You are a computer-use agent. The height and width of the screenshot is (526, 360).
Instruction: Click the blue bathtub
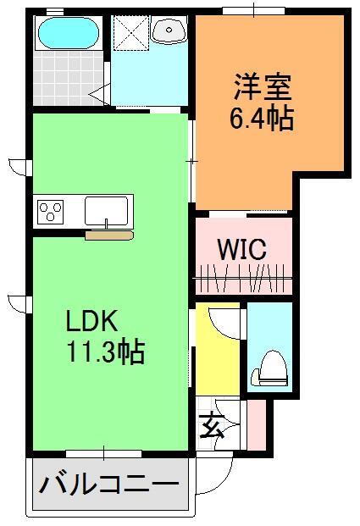click(67, 34)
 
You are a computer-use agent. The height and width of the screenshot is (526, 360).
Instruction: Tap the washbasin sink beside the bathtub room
click(170, 33)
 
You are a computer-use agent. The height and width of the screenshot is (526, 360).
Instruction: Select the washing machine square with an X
click(130, 34)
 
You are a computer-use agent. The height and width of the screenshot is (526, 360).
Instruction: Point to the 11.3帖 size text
click(107, 351)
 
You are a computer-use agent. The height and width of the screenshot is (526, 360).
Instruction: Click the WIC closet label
click(242, 250)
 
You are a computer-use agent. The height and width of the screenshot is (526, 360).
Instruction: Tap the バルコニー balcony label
click(109, 487)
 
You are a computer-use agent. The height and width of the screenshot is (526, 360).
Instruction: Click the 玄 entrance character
click(210, 424)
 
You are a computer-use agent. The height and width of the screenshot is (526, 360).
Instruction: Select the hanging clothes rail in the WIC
click(243, 277)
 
